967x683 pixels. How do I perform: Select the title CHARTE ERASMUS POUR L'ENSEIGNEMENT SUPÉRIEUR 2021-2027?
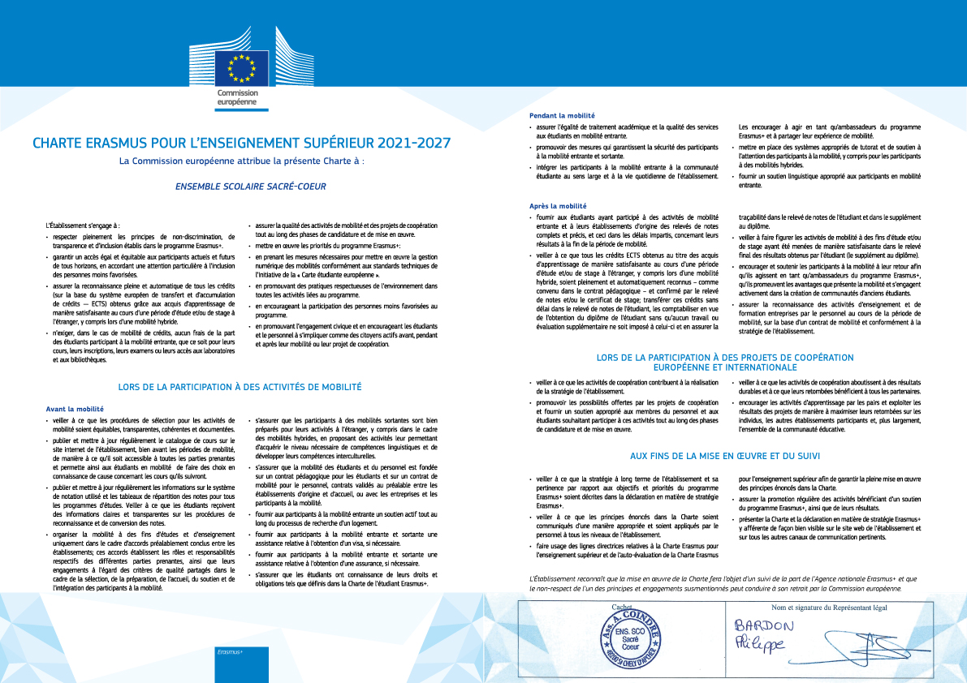tap(241, 144)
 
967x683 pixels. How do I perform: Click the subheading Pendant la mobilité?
tap(562, 116)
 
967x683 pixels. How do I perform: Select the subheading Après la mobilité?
tap(556, 206)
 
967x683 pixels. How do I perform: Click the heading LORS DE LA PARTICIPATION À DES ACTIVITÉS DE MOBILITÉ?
tap(240, 388)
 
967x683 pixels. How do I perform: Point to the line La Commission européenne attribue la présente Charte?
tap(240, 161)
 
